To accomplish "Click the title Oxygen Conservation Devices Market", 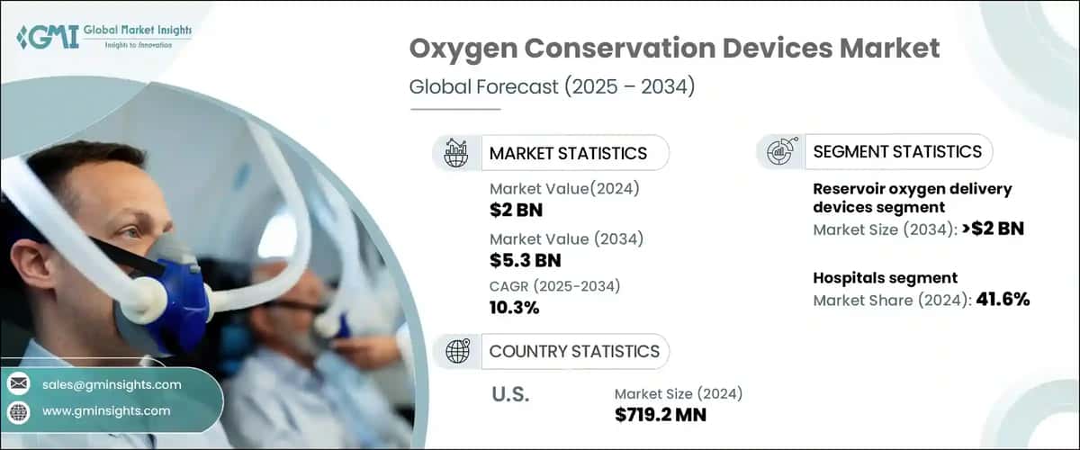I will coord(674,49).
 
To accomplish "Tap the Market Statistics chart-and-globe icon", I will coord(456,152).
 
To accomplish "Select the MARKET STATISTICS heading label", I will coord(567,153).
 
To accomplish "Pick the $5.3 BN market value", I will coord(525,261).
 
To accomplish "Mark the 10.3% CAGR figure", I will coord(514,308).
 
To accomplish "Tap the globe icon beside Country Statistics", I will coord(457,352).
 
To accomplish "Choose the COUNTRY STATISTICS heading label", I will coord(573,351).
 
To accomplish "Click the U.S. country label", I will coord(509,395).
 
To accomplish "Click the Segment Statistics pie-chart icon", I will coord(779,152).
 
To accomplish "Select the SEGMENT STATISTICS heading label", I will coord(896,151).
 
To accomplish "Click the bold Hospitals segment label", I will coord(885,278).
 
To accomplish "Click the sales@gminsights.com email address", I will coord(112,384).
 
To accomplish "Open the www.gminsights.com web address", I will coord(105,410).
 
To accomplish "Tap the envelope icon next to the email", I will coord(18,384).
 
